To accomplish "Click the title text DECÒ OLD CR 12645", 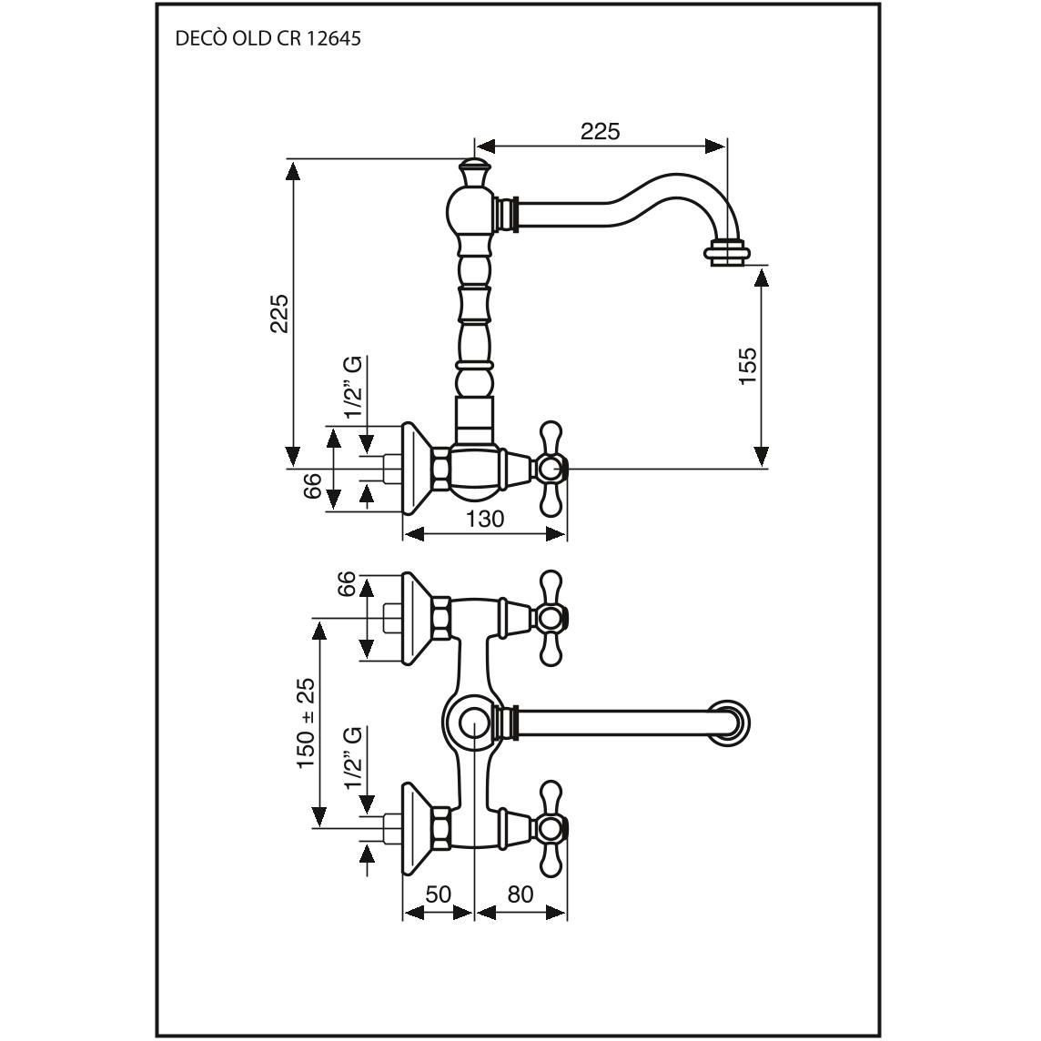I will pyautogui.click(x=268, y=39).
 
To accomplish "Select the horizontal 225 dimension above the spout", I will pyautogui.click(x=600, y=131).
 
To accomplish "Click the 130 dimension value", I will pyautogui.click(x=485, y=519).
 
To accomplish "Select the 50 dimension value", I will pyautogui.click(x=438, y=894).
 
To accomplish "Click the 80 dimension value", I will pyautogui.click(x=520, y=894).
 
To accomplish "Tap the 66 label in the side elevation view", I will pyautogui.click(x=313, y=487).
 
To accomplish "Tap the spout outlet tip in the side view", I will pyautogui.click(x=729, y=253).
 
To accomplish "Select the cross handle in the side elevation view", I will pyautogui.click(x=550, y=469).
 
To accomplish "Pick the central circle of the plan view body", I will pyautogui.click(x=474, y=724).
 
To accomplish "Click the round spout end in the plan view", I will pyautogui.click(x=732, y=724).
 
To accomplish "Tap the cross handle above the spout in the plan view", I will pyautogui.click(x=549, y=617).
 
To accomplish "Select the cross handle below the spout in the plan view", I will pyautogui.click(x=549, y=827).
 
